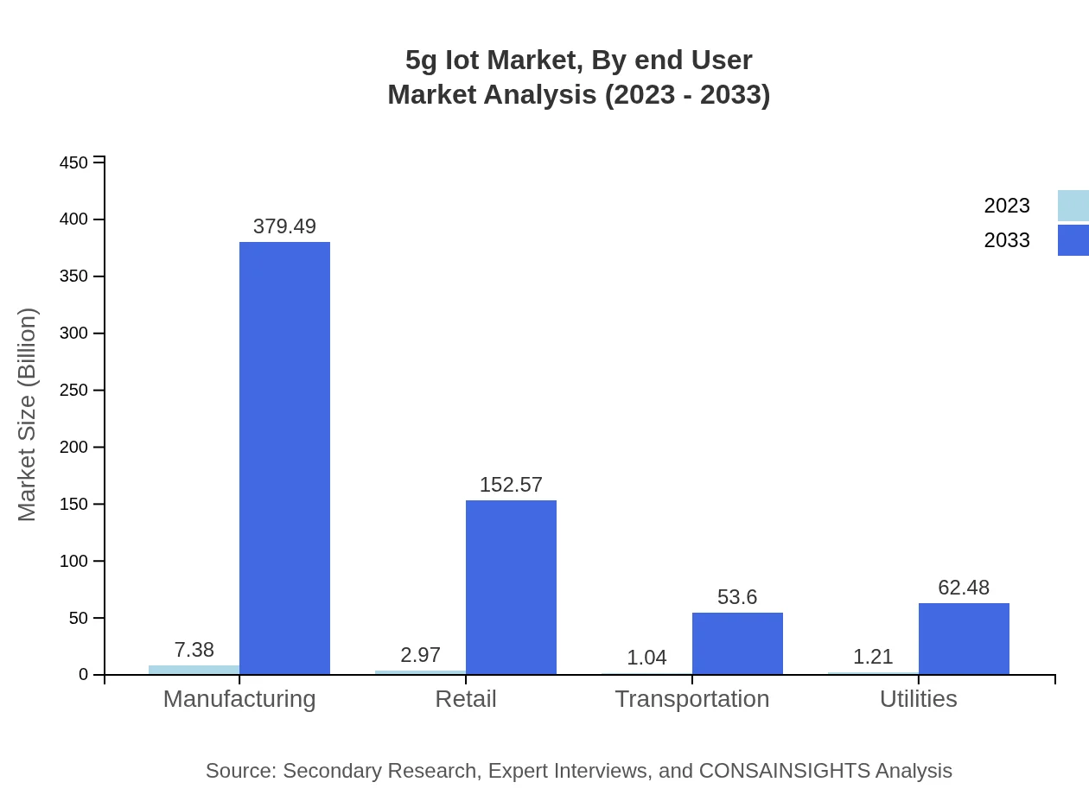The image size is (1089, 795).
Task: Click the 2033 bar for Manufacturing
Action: click(284, 458)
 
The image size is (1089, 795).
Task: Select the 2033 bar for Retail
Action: click(511, 587)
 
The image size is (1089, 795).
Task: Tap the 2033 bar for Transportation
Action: click(737, 643)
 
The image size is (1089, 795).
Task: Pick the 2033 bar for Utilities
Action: click(964, 639)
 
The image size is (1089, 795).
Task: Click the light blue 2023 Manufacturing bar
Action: click(194, 670)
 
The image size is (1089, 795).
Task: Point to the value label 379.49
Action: click(284, 226)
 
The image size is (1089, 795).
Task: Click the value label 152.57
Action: click(511, 485)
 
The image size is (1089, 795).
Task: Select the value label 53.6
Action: click(737, 597)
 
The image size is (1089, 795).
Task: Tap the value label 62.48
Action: click(964, 588)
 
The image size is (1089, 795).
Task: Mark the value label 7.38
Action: click(194, 650)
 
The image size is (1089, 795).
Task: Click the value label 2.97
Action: click(420, 655)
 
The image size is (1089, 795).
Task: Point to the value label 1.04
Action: click(646, 658)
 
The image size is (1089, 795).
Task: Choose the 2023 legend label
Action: click(1007, 206)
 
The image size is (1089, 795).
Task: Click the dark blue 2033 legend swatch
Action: click(1073, 240)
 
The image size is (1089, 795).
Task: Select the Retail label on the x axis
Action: click(466, 698)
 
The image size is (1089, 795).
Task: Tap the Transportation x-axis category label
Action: click(691, 698)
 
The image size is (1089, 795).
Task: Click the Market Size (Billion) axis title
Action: click(28, 415)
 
